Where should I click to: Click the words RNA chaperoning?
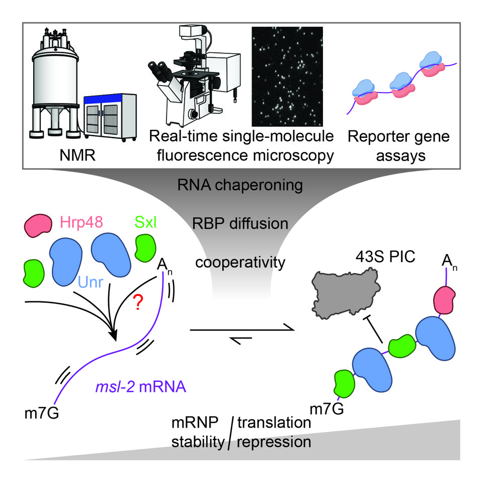point(240,186)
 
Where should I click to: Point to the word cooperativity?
point(240,262)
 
